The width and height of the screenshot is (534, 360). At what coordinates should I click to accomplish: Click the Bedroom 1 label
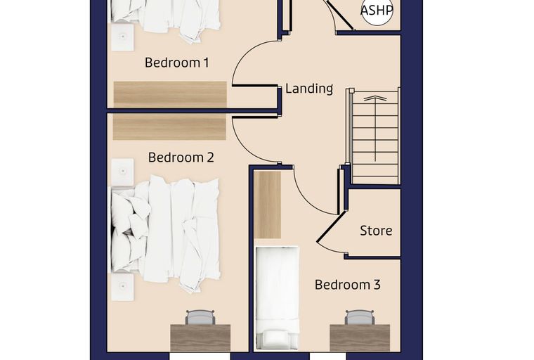click(176, 63)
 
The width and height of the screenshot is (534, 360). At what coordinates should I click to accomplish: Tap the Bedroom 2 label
click(181, 157)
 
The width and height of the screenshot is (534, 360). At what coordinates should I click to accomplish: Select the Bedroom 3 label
click(347, 285)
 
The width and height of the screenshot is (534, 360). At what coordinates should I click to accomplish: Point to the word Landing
click(309, 89)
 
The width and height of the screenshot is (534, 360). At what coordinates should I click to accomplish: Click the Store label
click(376, 231)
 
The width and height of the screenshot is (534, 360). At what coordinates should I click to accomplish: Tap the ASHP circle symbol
click(377, 11)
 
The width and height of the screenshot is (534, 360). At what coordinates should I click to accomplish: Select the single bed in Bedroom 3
click(278, 297)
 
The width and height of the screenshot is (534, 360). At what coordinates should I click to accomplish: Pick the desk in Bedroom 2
click(200, 337)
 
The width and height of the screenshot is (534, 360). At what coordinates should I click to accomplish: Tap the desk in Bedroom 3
click(360, 337)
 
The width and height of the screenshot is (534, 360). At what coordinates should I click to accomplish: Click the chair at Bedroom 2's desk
click(200, 317)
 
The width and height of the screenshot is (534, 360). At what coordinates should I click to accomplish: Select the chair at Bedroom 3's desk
click(360, 317)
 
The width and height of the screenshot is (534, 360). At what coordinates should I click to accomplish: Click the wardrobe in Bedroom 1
click(170, 95)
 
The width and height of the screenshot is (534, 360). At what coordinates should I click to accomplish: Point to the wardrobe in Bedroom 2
click(169, 127)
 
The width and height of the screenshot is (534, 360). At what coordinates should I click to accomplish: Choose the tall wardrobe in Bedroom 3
click(268, 205)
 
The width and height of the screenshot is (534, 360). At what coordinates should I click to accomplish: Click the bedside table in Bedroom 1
click(122, 37)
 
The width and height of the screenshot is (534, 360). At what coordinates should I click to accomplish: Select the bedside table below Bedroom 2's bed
click(122, 287)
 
